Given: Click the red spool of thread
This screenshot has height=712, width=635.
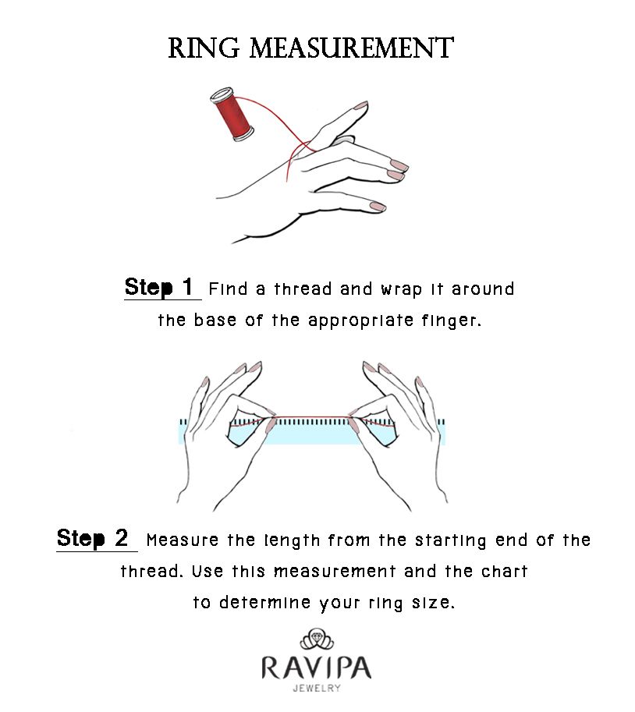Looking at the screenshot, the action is click(x=232, y=114).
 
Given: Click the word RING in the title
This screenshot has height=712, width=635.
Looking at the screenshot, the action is click(x=204, y=48).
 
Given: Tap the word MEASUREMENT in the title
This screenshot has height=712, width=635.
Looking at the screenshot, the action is click(x=352, y=48).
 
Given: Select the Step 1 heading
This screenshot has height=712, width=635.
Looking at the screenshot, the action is click(x=159, y=287).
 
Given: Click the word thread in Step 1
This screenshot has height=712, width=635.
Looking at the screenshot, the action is click(x=303, y=289).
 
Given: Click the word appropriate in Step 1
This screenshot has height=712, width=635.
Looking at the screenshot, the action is click(x=360, y=321).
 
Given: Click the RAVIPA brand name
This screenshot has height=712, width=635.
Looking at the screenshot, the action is click(x=317, y=668).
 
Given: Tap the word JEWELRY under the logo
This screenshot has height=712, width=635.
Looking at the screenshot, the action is click(x=317, y=689).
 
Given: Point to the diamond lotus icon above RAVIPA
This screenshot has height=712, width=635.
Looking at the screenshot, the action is click(x=317, y=639).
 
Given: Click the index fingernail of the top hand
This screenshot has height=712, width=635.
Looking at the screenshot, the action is click(x=360, y=106).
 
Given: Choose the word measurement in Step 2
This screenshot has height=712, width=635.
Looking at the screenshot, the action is click(x=334, y=571).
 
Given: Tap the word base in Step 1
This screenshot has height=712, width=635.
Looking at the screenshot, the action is click(x=215, y=321).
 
